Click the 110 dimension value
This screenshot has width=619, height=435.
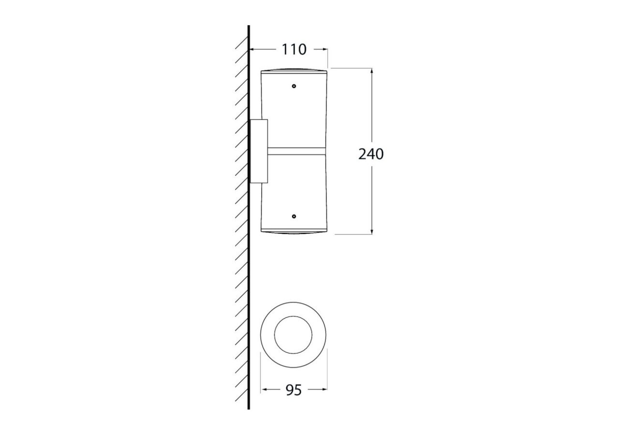coord(294,50)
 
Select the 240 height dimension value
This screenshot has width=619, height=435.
coord(371,154)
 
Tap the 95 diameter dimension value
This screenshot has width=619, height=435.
coord(294,390)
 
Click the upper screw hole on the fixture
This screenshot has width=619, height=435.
coord(294,86)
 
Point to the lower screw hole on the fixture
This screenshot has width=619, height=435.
coord(294,216)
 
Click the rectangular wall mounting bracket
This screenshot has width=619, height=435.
coord(259,151)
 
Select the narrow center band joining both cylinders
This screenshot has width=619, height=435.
coord(296,151)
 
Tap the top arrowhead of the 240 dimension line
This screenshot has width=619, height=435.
coord(372,71)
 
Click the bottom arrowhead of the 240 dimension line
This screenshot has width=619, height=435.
coord(372,232)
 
